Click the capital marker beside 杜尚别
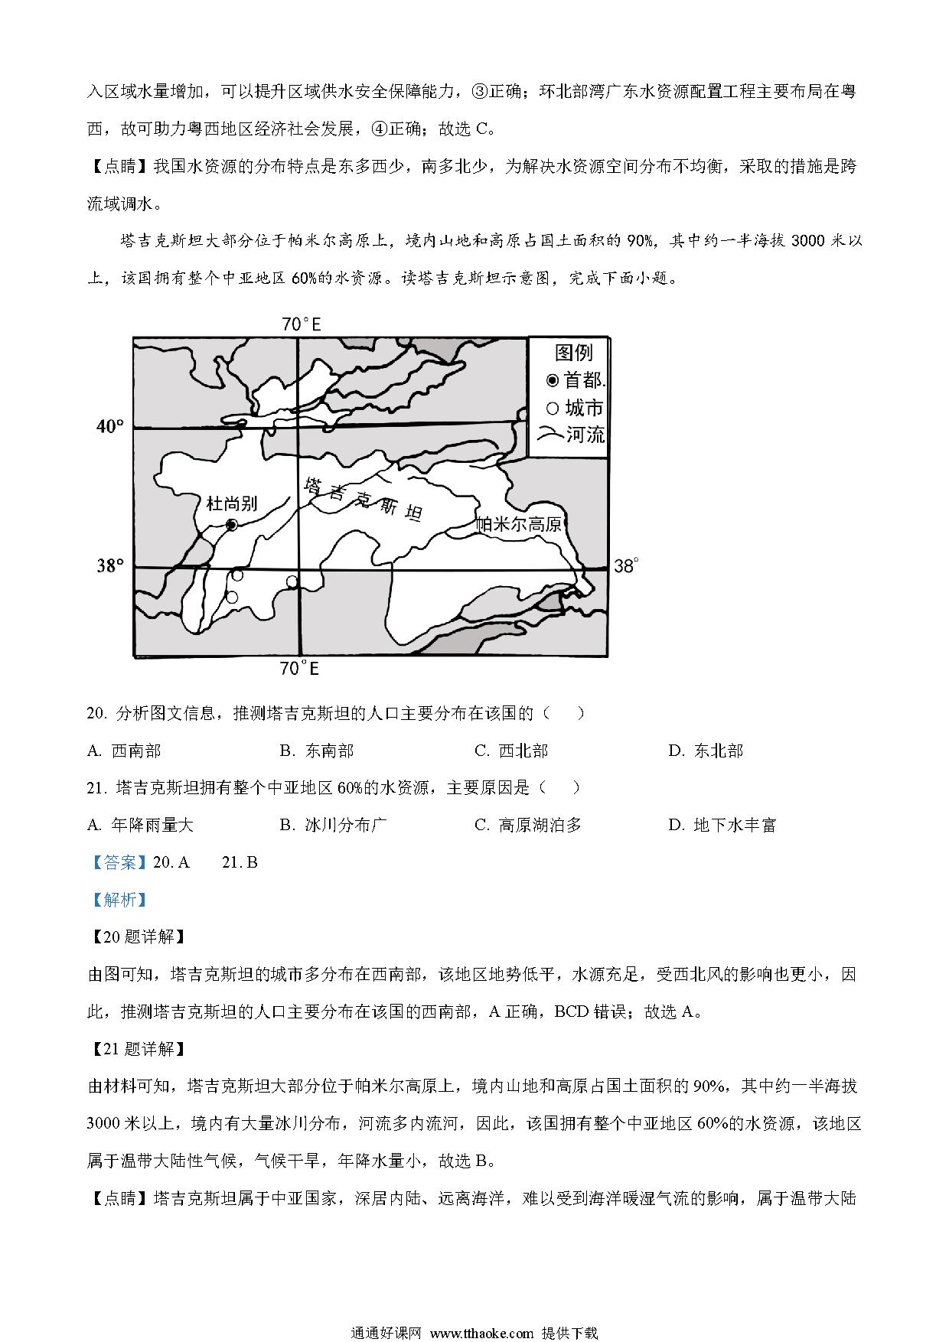[x=231, y=525]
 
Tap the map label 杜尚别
[x=232, y=503]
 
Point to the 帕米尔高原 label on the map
[x=519, y=524]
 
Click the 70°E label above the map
[x=301, y=324]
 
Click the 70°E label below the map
[x=299, y=669]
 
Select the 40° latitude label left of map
[x=110, y=426]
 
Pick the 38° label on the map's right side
[x=625, y=566]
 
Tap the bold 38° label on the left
[x=110, y=566]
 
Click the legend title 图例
[x=573, y=353]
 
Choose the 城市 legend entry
[x=576, y=408]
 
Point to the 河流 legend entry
[x=574, y=435]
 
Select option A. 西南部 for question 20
[x=124, y=751]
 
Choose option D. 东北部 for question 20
[x=706, y=751]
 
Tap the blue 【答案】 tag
[x=118, y=862]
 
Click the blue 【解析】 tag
[x=118, y=900]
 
